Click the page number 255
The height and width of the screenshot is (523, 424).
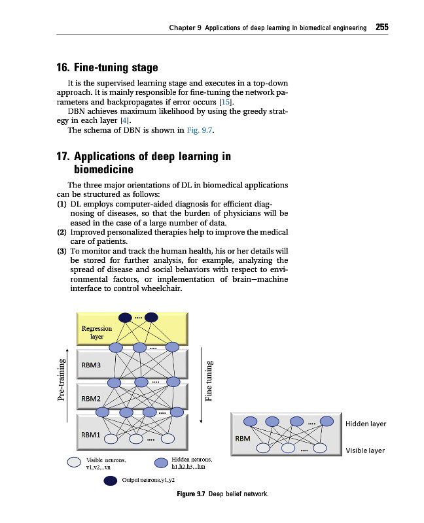(382, 27)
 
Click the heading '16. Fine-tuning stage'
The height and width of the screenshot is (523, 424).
(107, 67)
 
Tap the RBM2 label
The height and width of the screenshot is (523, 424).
(90, 398)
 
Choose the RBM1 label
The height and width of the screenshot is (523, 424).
(90, 434)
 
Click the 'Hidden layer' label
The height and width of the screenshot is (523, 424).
(365, 424)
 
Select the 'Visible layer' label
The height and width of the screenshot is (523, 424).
(365, 450)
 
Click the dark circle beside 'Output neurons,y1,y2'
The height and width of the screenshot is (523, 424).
(111, 482)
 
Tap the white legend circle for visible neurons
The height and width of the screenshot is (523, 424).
(74, 462)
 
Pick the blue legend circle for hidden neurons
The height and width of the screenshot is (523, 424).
(161, 463)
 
